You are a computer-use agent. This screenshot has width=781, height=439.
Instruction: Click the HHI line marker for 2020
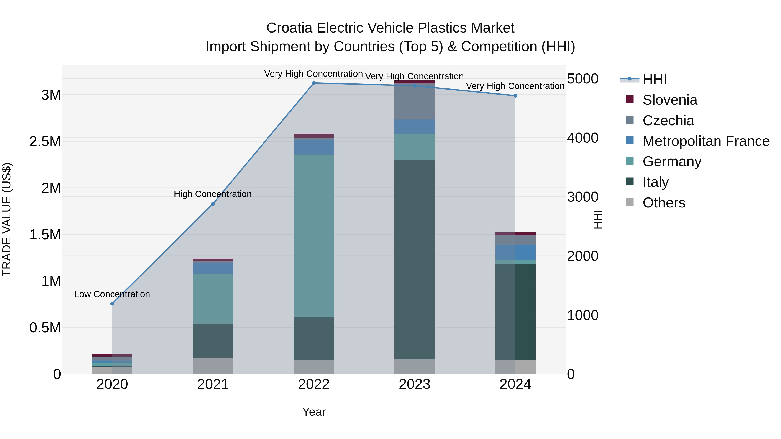click(x=112, y=304)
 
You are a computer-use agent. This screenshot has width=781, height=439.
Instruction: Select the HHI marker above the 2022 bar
click(x=314, y=83)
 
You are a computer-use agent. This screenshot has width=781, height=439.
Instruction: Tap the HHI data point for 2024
click(x=515, y=96)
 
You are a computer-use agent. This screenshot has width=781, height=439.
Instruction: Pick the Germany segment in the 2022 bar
click(x=314, y=236)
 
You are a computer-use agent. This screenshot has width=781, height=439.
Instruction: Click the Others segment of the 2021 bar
click(x=213, y=366)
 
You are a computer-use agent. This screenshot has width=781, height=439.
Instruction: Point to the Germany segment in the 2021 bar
click(x=213, y=299)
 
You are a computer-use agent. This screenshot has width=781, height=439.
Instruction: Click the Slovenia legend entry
click(x=669, y=100)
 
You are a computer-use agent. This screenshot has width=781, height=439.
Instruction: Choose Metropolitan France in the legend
click(x=706, y=141)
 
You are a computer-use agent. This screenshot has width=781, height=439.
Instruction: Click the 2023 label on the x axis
click(x=414, y=384)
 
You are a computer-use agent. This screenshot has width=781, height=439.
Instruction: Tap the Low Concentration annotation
click(x=112, y=294)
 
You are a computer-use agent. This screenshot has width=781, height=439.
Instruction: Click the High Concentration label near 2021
click(x=213, y=194)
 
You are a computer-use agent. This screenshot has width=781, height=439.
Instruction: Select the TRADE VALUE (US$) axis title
click(x=7, y=219)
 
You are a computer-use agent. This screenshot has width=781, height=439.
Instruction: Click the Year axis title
click(x=314, y=412)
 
